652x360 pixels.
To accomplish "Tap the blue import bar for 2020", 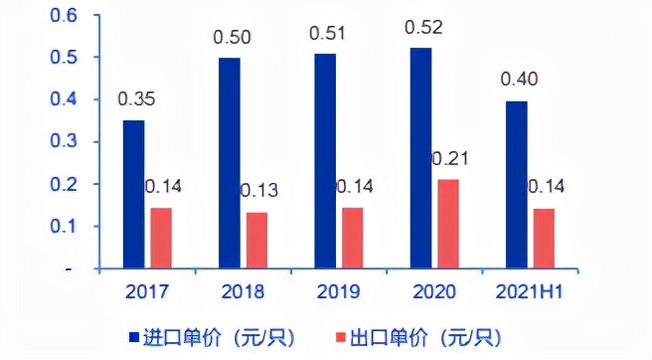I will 422,158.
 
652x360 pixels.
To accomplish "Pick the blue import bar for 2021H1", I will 516,184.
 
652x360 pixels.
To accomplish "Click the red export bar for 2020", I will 447,224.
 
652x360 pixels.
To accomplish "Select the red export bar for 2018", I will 257,240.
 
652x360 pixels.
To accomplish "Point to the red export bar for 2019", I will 353,238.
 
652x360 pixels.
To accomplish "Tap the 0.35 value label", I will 134,99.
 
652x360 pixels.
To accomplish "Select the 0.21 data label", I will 450,158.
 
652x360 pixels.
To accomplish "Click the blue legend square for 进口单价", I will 134,336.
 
